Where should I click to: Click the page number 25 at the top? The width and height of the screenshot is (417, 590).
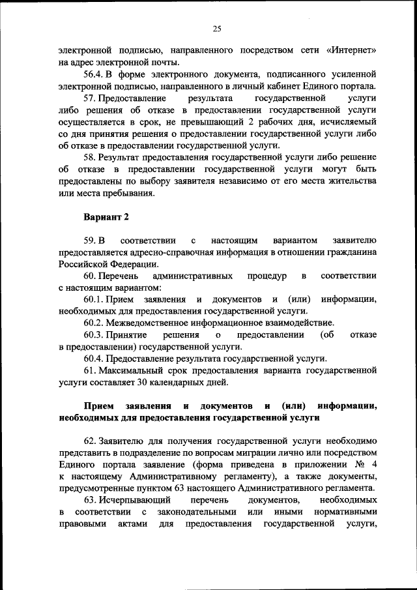218,28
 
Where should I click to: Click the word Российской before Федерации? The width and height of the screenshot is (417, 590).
87,264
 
